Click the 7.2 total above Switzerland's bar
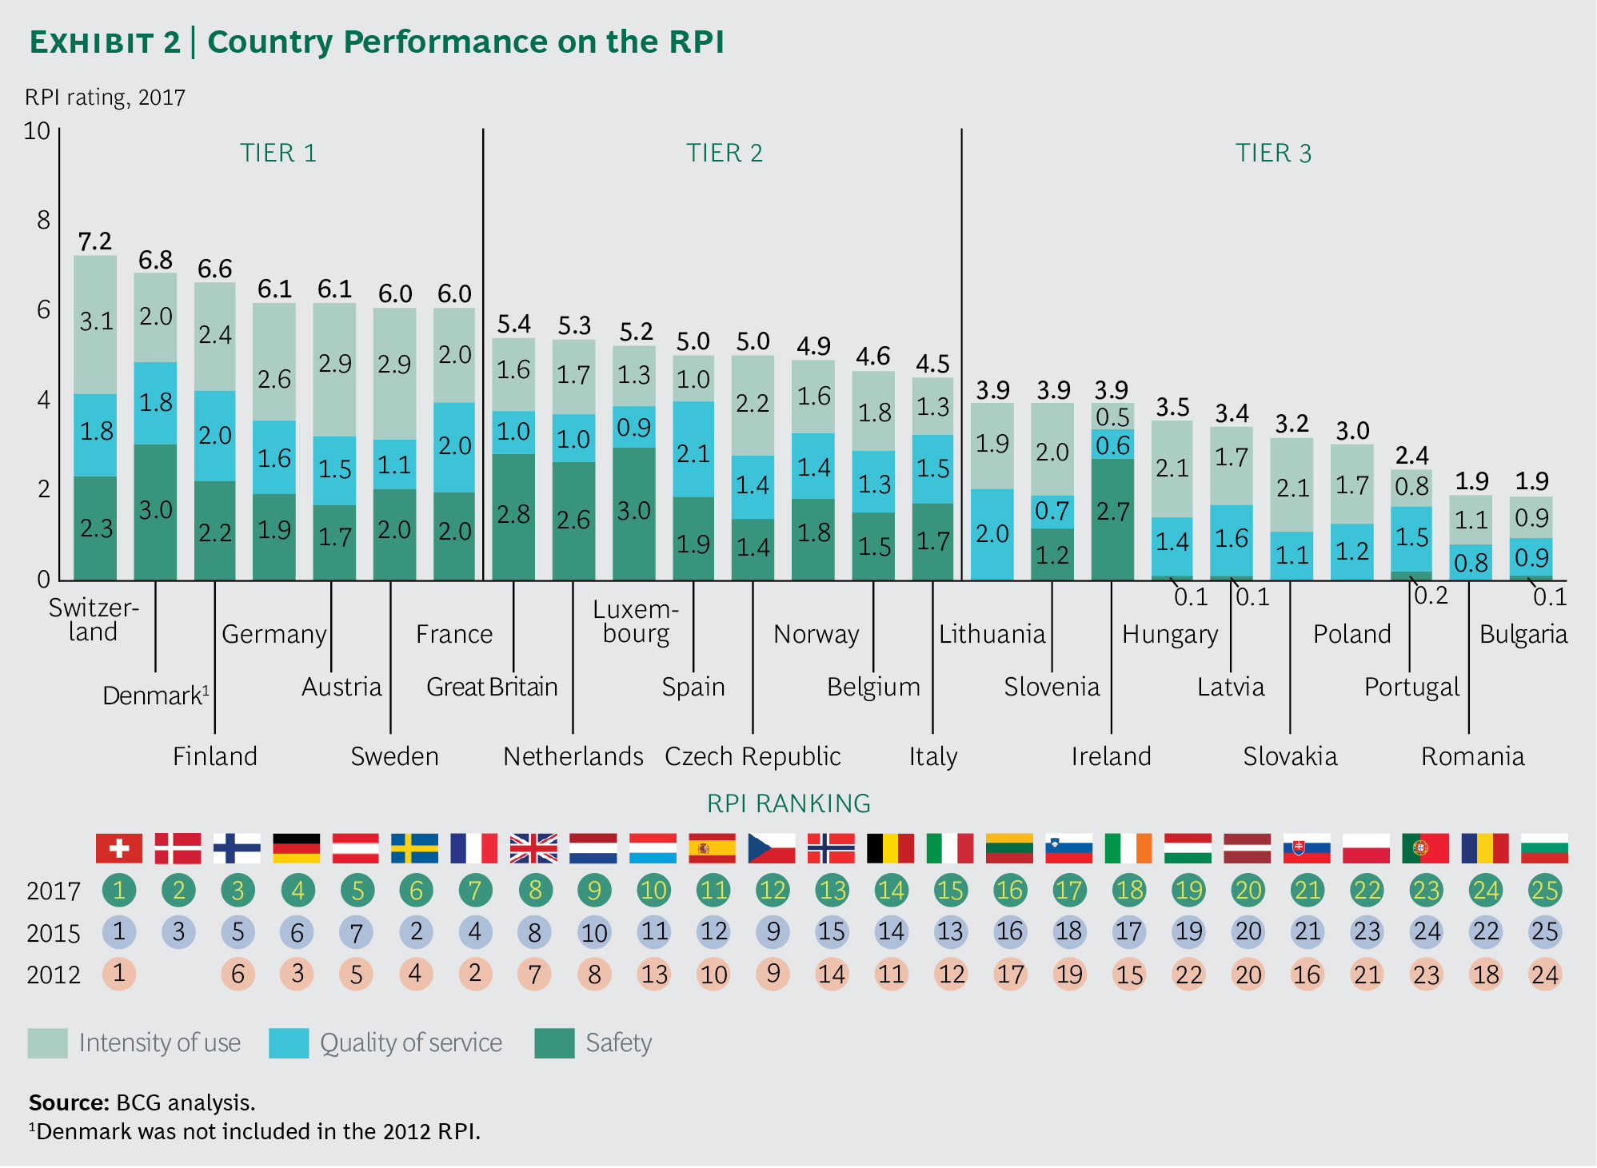point(94,241)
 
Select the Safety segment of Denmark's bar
point(155,512)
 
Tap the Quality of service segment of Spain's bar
point(693,449)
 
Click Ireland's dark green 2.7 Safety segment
point(1112,518)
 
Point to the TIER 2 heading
point(724,153)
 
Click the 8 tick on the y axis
point(43,220)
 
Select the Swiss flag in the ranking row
point(119,848)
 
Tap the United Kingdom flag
point(533,848)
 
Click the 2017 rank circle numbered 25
point(1544,890)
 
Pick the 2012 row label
point(53,975)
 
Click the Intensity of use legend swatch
point(47,1043)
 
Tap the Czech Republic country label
point(752,756)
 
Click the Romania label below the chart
point(1471,756)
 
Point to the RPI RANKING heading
point(788,803)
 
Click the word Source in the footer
point(68,1102)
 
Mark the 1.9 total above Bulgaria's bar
point(1531,480)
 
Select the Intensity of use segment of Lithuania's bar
point(992,444)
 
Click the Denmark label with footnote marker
point(155,695)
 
